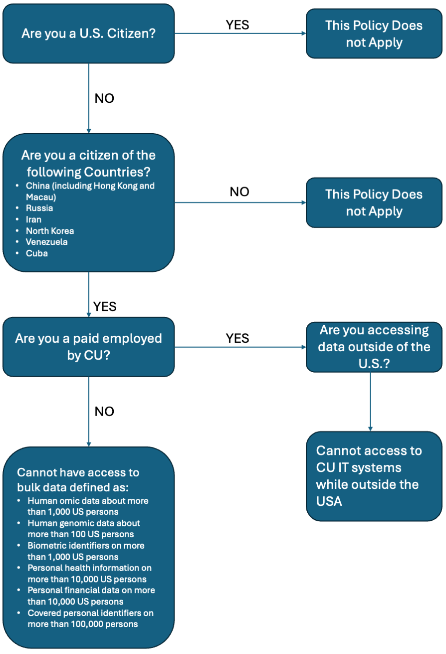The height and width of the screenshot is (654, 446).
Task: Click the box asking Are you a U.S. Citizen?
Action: [88, 33]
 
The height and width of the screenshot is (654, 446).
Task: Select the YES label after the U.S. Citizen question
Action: [237, 25]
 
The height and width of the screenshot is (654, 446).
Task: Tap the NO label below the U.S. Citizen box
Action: [104, 98]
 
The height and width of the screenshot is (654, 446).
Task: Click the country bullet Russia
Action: [39, 208]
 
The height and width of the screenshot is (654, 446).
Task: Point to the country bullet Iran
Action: [34, 219]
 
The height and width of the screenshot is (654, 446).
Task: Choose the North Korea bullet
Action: [50, 231]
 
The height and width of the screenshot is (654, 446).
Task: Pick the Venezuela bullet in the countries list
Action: [46, 242]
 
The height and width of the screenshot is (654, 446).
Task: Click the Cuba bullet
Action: [37, 253]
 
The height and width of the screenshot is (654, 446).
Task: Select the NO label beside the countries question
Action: [239, 192]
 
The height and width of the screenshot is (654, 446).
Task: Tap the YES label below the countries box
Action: [105, 306]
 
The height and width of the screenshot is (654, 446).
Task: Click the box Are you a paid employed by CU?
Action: [88, 347]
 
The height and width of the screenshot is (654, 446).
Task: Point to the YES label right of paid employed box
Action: [237, 338]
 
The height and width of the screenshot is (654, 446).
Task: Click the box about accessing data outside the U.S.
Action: [374, 347]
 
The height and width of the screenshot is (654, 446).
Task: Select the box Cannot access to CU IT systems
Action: [374, 476]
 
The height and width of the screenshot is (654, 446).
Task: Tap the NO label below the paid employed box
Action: [104, 412]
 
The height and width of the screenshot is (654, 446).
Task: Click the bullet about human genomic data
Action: [84, 529]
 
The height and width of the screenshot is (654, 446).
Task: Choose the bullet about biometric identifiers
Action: [86, 551]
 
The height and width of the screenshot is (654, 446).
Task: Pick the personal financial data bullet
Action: [91, 596]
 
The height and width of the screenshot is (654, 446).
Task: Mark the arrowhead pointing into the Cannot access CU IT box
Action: [370, 428]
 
